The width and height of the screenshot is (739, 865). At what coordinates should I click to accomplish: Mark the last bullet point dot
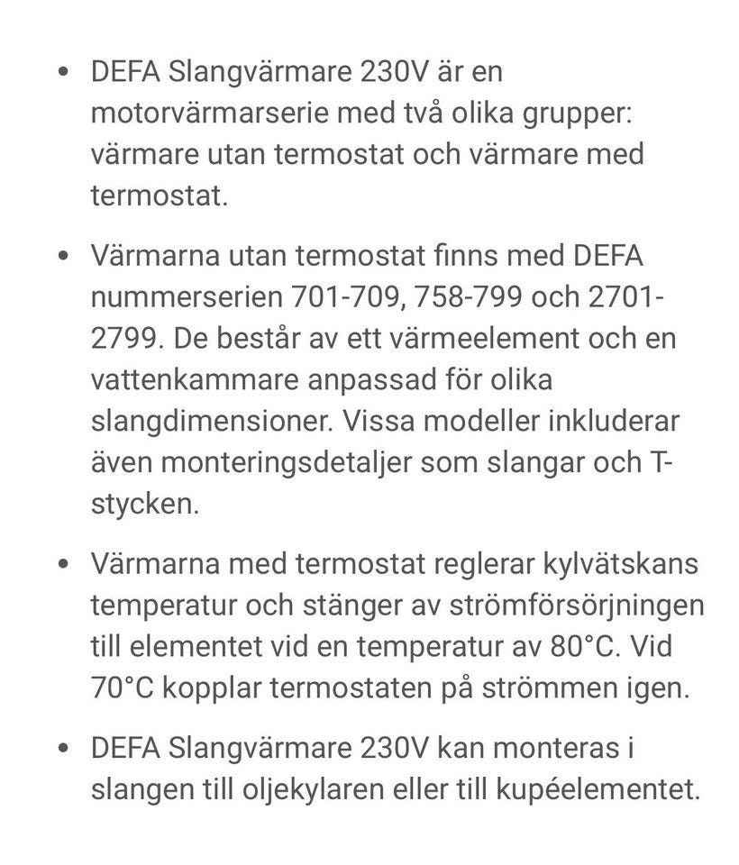point(61,750)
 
